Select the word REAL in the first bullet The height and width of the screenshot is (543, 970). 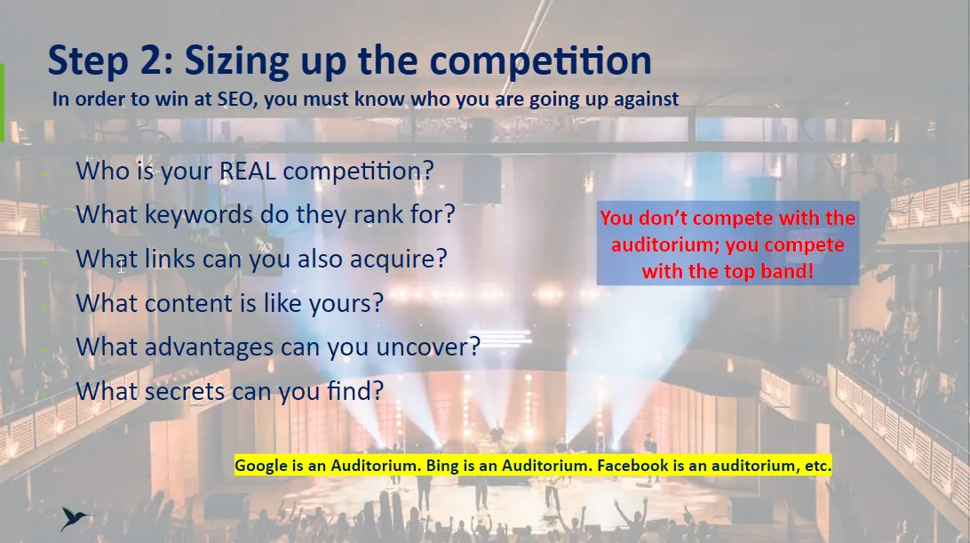tap(248, 171)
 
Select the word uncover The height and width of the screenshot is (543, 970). tap(428, 347)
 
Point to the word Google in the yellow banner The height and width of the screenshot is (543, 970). tap(261, 466)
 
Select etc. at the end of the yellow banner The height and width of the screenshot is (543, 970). tap(818, 466)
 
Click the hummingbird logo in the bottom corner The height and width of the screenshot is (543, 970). tap(76, 519)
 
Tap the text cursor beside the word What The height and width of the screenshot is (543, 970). tap(121, 267)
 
